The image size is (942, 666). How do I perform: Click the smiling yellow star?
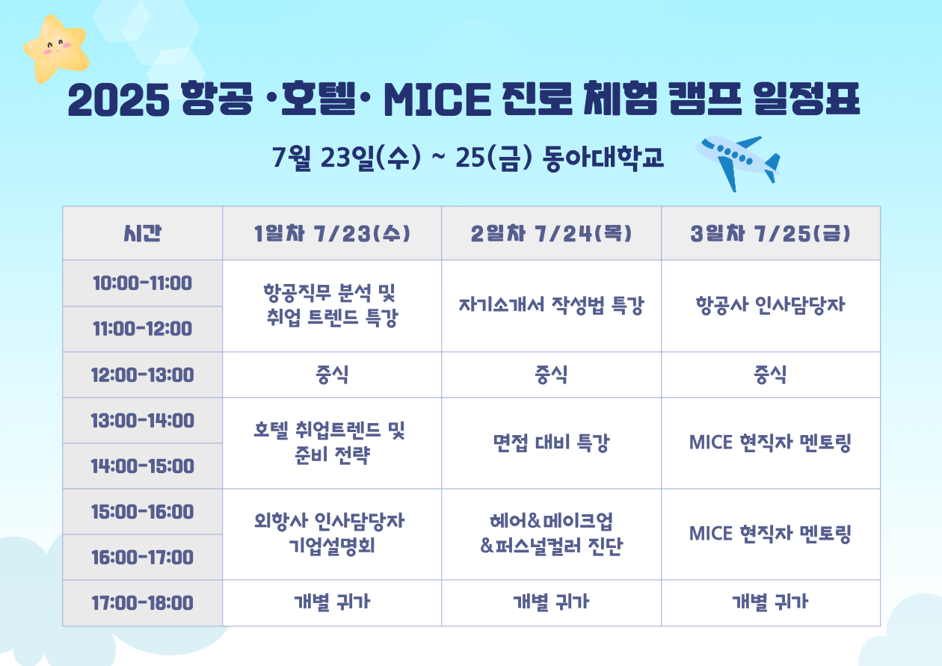(x=56, y=49)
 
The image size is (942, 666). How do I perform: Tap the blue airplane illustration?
(x=739, y=162)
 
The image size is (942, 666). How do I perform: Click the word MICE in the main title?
(x=437, y=99)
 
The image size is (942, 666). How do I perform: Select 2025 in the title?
(x=118, y=99)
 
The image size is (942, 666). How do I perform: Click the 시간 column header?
(x=143, y=233)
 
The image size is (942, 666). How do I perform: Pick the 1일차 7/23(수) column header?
(x=332, y=233)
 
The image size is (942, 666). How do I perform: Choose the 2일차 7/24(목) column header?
(x=551, y=233)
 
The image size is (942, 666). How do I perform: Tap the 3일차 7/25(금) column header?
(x=770, y=233)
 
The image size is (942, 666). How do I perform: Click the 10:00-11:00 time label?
(x=143, y=283)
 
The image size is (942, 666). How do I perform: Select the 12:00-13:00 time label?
(x=143, y=374)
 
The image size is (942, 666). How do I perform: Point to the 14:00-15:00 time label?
(x=143, y=466)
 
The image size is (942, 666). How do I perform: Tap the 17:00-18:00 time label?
(x=143, y=603)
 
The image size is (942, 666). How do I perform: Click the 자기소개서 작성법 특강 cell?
(x=551, y=305)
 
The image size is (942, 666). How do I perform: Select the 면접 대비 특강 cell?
(x=551, y=443)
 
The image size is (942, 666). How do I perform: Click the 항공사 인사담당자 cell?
(x=770, y=305)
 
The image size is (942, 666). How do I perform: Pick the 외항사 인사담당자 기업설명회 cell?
(x=330, y=534)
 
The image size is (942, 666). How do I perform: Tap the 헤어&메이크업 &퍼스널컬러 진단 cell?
(x=551, y=534)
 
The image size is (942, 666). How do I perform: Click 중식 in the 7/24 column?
(x=551, y=374)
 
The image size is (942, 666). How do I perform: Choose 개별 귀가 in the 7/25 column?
(x=770, y=602)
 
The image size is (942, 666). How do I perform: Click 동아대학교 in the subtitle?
(x=603, y=158)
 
